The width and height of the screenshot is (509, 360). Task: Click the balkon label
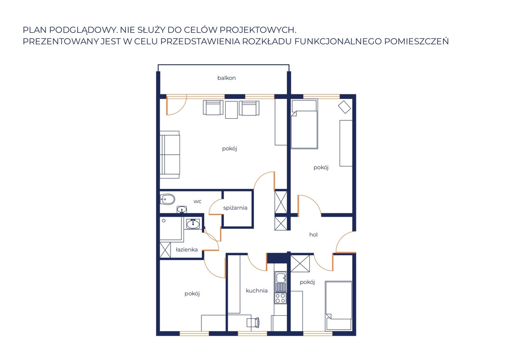pyautogui.click(x=227, y=78)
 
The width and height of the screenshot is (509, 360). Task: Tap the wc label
pyautogui.click(x=197, y=201)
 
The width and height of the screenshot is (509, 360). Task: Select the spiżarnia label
pyautogui.click(x=235, y=208)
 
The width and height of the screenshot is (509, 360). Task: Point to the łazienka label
pyautogui.click(x=187, y=250)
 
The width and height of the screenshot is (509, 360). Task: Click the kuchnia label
pyautogui.click(x=257, y=290)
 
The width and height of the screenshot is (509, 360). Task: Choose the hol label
pyautogui.click(x=313, y=234)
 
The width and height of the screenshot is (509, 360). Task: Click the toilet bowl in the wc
pyautogui.click(x=167, y=199)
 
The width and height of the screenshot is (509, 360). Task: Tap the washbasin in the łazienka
pyautogui.click(x=193, y=224)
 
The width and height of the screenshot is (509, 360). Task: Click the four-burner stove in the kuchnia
pyautogui.click(x=280, y=298)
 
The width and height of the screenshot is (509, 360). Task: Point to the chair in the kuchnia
pyautogui.click(x=253, y=322)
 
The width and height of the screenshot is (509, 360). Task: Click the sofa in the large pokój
pyautogui.click(x=170, y=154)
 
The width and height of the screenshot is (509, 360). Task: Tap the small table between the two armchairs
pyautogui.click(x=231, y=110)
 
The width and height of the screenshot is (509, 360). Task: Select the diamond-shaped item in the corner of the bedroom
pyautogui.click(x=344, y=107)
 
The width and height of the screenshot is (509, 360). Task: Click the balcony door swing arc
pyautogui.click(x=180, y=110)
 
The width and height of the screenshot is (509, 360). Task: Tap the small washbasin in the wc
pyautogui.click(x=182, y=209)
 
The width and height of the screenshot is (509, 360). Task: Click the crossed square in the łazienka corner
pyautogui.click(x=165, y=250)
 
